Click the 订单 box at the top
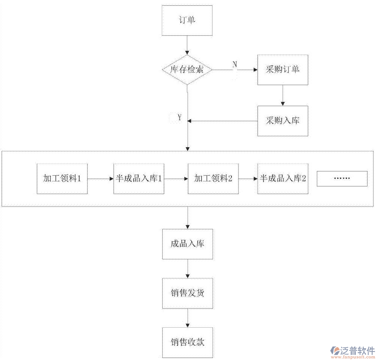(187, 20)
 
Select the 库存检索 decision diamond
(187, 70)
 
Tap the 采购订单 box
(282, 70)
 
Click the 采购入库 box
(282, 121)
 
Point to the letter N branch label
(235, 64)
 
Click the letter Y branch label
(180, 118)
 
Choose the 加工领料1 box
(62, 179)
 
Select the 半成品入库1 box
(139, 179)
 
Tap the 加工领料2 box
(213, 179)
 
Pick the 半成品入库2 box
(282, 179)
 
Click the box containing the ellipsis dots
(342, 179)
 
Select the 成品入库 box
(187, 244)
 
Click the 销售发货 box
(187, 293)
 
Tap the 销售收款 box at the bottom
(187, 342)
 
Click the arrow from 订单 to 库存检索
(187, 45)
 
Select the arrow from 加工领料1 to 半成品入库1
(100, 179)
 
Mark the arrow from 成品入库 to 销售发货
(187, 269)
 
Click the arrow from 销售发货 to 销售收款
(187, 318)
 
